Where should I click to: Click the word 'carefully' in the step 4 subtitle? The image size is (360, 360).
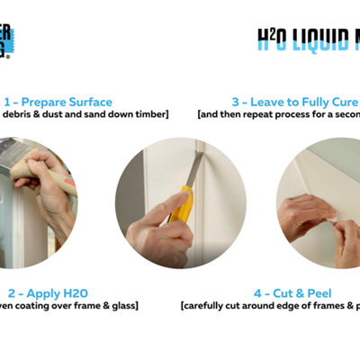point(207,308)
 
